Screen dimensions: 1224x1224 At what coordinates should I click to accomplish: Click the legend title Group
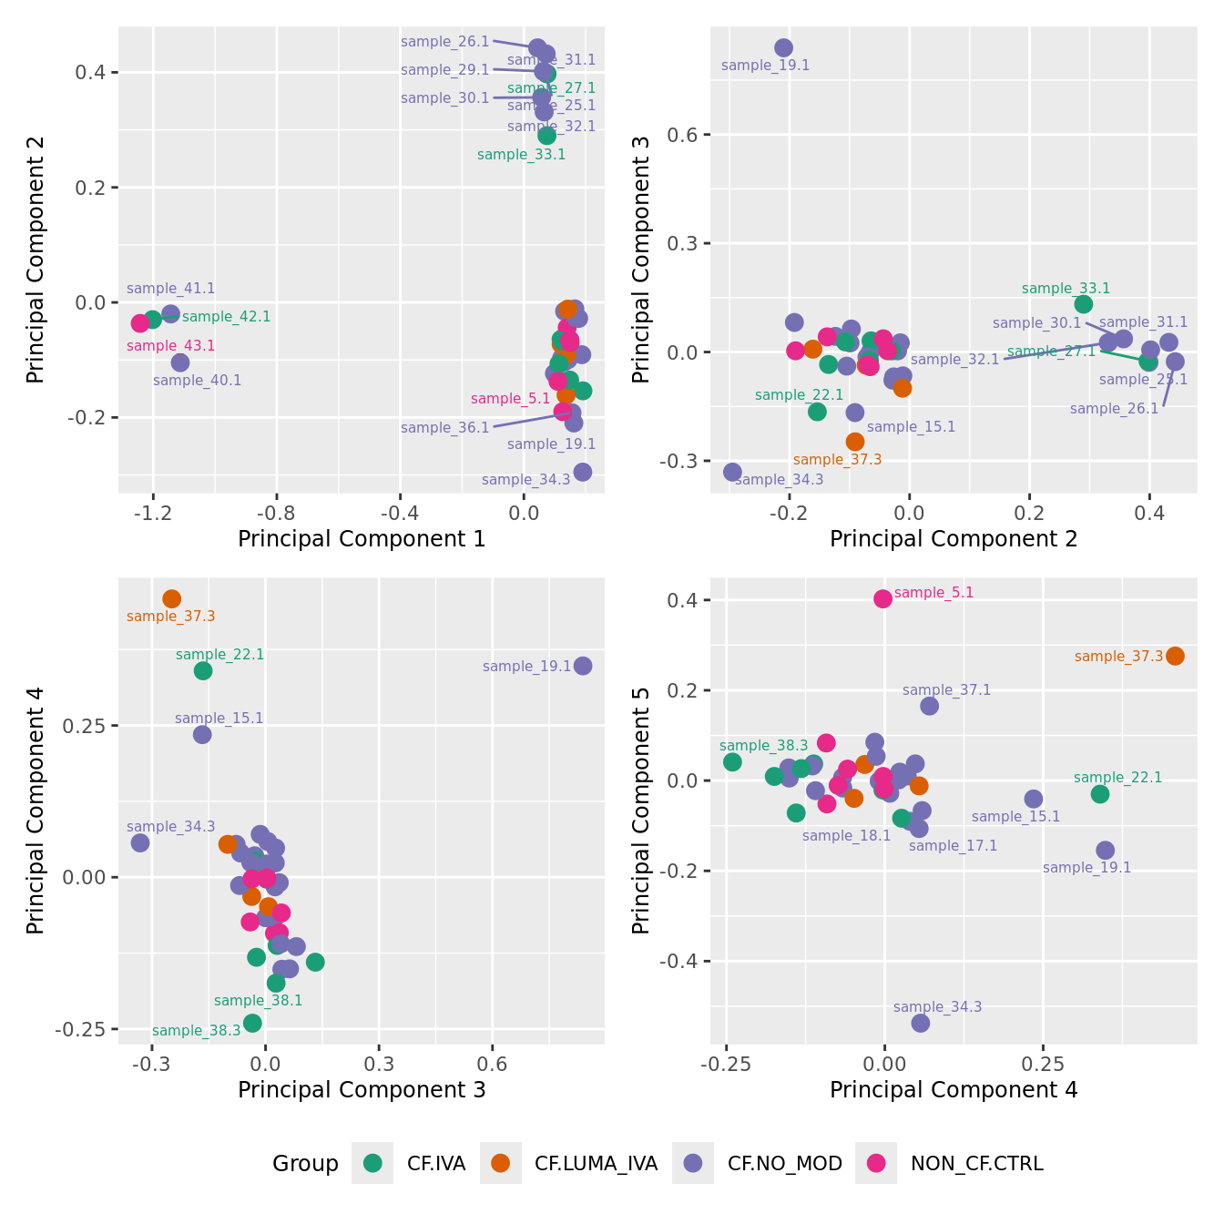coord(305,1164)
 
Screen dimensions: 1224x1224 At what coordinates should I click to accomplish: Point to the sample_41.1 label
coord(171,289)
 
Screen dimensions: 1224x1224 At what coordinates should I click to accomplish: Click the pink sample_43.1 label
coord(171,346)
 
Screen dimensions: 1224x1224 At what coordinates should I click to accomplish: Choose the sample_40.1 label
coord(198,381)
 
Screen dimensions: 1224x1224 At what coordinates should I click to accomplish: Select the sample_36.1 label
coord(445,428)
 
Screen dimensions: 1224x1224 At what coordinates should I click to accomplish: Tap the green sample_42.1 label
coord(227,317)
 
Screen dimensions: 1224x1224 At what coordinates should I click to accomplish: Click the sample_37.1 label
coord(946,690)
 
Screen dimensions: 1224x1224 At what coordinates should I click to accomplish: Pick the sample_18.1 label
coord(846,836)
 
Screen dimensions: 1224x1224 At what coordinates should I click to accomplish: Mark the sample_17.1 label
coord(953,846)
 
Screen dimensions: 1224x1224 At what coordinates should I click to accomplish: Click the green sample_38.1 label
coord(258,1001)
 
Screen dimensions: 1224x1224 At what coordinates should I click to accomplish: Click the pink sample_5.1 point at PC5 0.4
coord(882,598)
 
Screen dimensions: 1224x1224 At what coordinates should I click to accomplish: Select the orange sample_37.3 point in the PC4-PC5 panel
coord(1175,656)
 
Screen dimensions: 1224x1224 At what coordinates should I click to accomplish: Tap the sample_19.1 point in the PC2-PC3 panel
coord(783,47)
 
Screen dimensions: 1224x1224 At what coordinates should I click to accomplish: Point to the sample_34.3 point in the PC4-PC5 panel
coord(921,1023)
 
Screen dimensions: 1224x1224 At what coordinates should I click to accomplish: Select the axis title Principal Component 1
coord(362,539)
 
